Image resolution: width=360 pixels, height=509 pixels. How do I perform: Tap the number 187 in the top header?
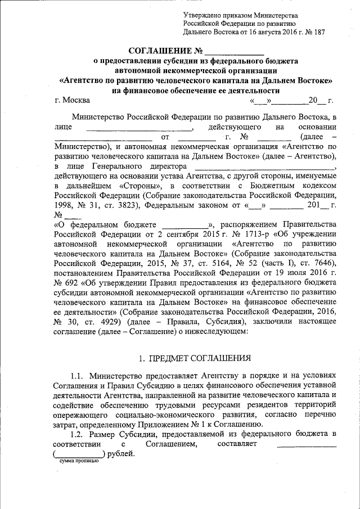tap(316, 33)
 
